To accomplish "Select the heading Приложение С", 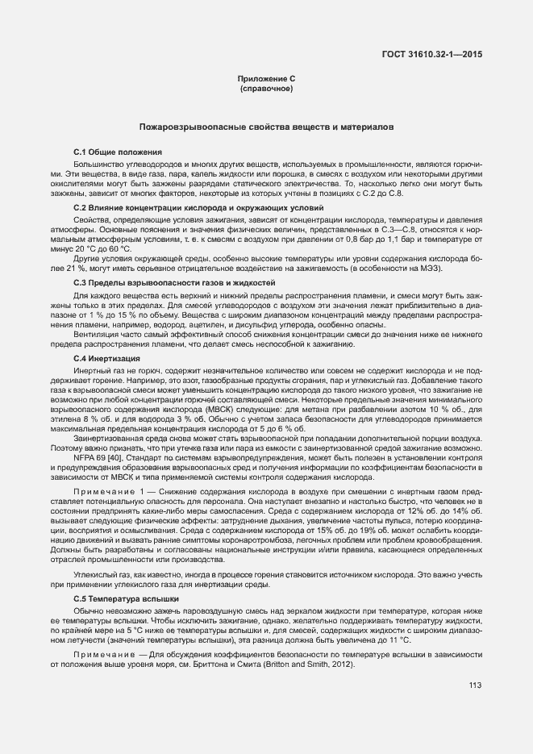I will [x=266, y=78].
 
